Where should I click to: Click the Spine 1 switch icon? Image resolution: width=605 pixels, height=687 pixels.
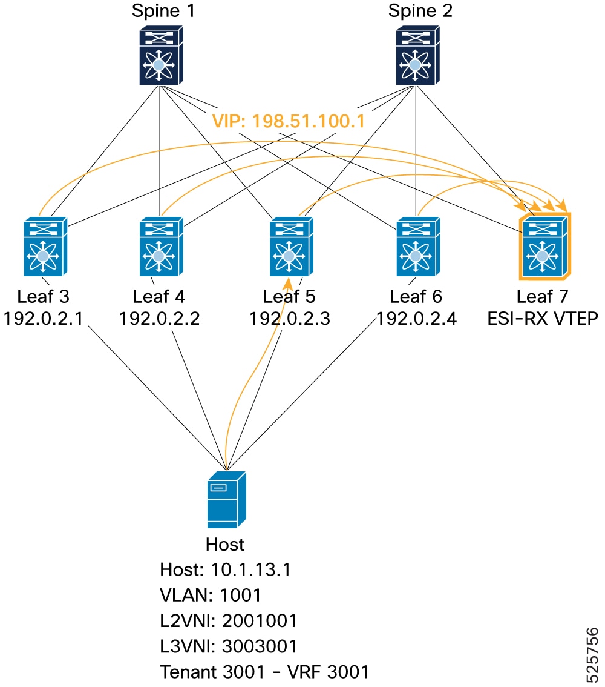(x=161, y=55)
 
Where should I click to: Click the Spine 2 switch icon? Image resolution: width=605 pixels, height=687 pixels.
(x=417, y=55)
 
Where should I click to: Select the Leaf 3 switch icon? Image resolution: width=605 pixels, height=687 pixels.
(x=45, y=247)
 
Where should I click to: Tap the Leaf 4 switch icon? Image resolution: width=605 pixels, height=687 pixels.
(x=161, y=247)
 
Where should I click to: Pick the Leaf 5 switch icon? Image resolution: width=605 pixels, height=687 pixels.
(x=292, y=247)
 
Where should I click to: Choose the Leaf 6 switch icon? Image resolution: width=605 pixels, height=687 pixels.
(x=418, y=247)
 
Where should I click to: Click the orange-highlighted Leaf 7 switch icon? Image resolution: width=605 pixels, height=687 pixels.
(x=544, y=246)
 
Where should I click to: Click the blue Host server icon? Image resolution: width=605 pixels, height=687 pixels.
(x=227, y=499)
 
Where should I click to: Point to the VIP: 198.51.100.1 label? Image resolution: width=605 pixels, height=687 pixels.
(x=289, y=121)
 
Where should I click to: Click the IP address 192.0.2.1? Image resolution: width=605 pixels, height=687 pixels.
(x=44, y=319)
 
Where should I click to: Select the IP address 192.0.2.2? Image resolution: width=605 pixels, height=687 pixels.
(x=160, y=319)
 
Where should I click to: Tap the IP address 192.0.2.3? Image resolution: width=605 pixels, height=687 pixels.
(x=290, y=319)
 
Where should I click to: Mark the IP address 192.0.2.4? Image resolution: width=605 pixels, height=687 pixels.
(x=416, y=319)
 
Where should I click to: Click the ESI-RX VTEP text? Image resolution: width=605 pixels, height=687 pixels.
(x=543, y=319)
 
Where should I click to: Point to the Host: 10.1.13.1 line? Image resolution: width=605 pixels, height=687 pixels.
(x=225, y=569)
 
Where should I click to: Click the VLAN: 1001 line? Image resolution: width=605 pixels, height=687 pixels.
(x=211, y=595)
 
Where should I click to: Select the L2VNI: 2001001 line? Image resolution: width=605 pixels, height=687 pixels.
(x=228, y=620)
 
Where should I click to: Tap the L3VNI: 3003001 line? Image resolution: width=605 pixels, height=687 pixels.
(x=228, y=646)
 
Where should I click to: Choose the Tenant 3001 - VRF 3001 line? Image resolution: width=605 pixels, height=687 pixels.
(x=264, y=672)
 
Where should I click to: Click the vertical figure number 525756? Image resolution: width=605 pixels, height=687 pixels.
(x=592, y=654)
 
